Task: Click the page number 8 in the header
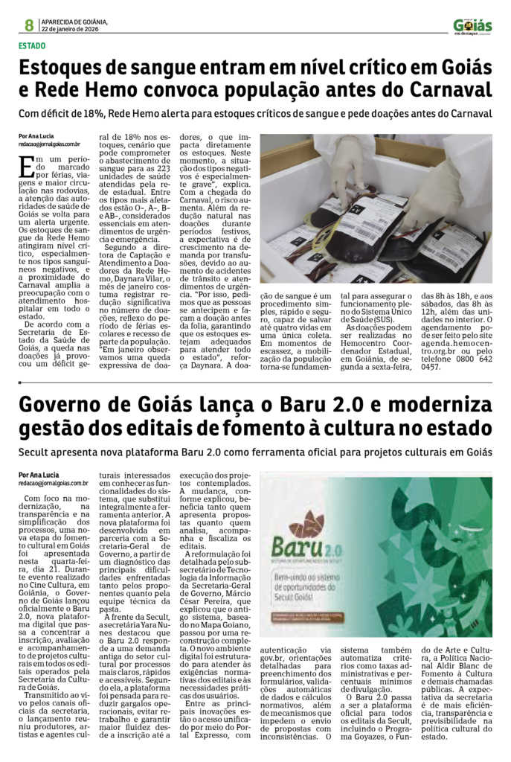(x=28, y=25)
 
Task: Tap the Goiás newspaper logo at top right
(x=472, y=25)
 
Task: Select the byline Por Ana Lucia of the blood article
(x=36, y=137)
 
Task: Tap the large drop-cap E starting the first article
(x=28, y=165)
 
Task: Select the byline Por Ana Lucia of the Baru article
(x=39, y=475)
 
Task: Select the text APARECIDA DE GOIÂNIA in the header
(x=74, y=22)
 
